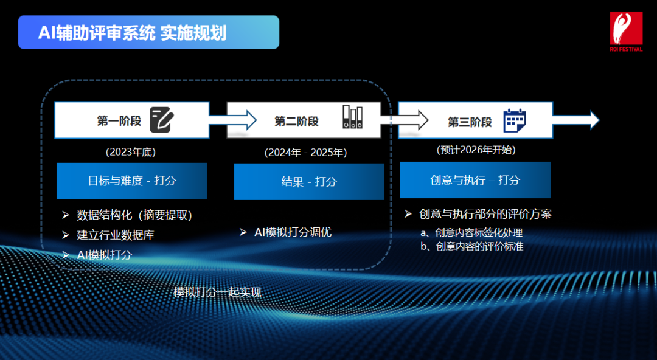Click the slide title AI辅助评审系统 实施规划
point(133,32)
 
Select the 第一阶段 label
point(119,120)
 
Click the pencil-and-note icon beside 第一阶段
point(161,120)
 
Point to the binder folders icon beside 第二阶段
point(352,117)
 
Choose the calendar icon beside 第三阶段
point(515,120)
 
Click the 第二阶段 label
point(296,121)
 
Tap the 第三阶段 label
point(470,122)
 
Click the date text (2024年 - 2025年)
point(305,153)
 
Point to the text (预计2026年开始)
point(476,150)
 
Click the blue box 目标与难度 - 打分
point(132,181)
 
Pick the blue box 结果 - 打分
point(309,181)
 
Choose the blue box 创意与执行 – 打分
point(475,180)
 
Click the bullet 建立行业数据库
point(116,235)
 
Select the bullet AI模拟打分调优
point(293,232)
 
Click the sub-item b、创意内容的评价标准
point(471,246)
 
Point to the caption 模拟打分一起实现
point(217,292)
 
